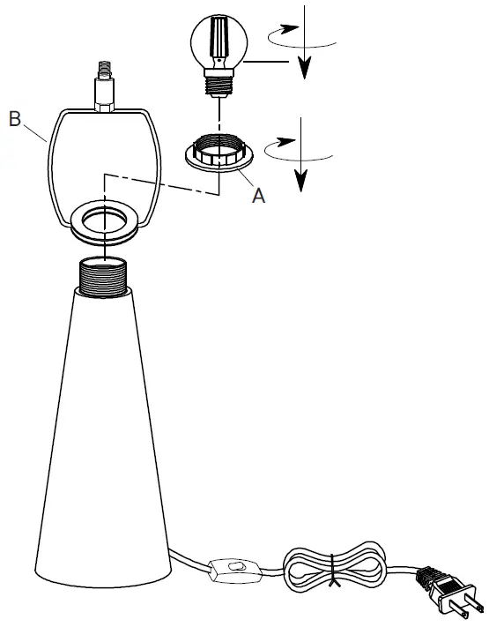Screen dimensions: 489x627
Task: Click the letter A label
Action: pyautogui.click(x=258, y=196)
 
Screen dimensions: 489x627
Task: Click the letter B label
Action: pyautogui.click(x=15, y=119)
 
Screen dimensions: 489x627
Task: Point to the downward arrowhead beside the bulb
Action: pyautogui.click(x=305, y=67)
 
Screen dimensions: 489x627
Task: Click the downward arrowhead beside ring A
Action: pyautogui.click(x=300, y=180)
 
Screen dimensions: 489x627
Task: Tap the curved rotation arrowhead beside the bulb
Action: pyautogui.click(x=289, y=28)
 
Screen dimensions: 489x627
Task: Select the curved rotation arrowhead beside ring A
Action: pyautogui.click(x=285, y=142)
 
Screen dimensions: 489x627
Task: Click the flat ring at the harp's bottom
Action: pyautogui.click(x=104, y=220)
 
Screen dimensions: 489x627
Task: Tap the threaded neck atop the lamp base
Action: pyautogui.click(x=103, y=277)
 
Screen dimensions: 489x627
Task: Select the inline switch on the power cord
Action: pyautogui.click(x=235, y=569)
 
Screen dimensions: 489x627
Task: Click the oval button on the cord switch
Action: pyautogui.click(x=234, y=567)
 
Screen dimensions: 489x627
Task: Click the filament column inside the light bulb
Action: pyautogui.click(x=219, y=37)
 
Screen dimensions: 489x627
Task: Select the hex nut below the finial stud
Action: pyautogui.click(x=104, y=107)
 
